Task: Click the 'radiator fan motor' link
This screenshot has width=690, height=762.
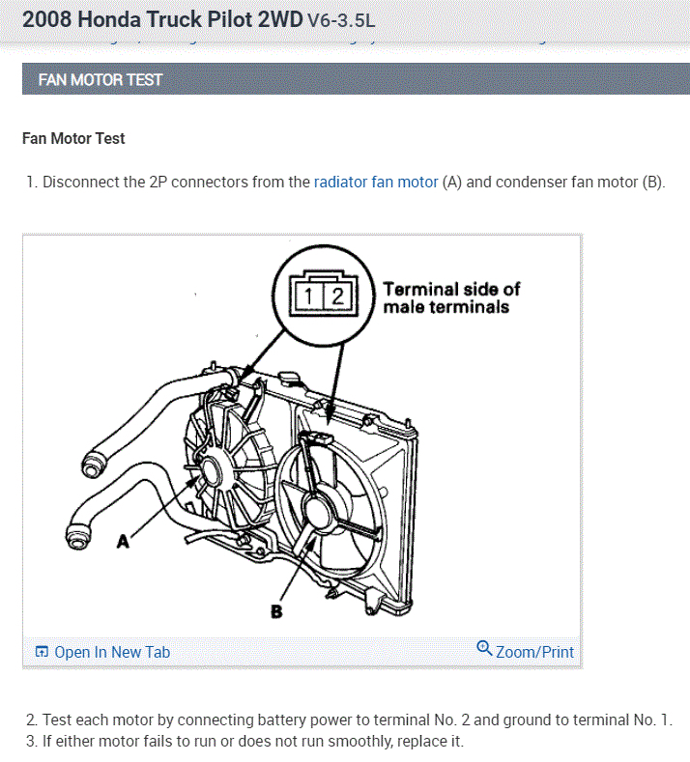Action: (x=376, y=182)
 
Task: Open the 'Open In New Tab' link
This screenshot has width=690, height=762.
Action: (x=111, y=652)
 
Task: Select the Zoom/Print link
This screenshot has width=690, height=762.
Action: (x=534, y=652)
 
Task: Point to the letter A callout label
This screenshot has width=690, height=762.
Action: (x=123, y=542)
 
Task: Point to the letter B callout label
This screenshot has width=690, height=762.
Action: (x=276, y=610)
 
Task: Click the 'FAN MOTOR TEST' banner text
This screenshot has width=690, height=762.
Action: (x=100, y=79)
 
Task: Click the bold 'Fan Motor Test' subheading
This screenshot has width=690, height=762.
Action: (x=73, y=138)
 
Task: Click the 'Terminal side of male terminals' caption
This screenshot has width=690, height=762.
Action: (x=451, y=297)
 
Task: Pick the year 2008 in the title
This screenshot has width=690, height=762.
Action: (x=47, y=18)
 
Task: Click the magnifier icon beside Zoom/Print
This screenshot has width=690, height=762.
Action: (x=484, y=648)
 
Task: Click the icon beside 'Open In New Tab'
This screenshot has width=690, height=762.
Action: (x=42, y=652)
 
